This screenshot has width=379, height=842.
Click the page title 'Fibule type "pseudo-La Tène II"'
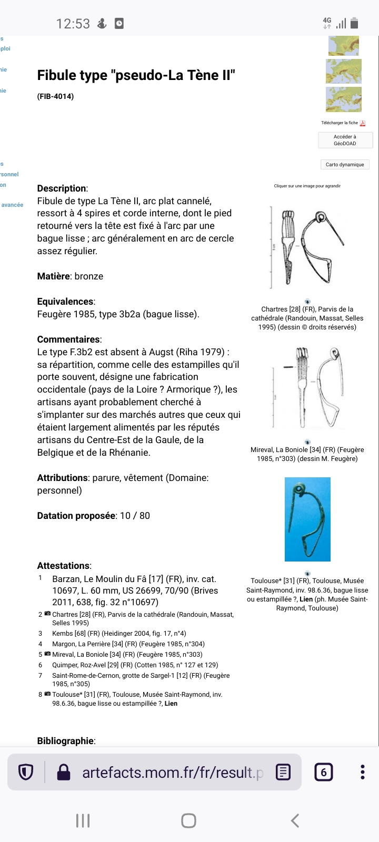136,76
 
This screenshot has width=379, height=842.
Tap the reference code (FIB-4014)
55,96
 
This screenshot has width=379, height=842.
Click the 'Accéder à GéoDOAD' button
345,140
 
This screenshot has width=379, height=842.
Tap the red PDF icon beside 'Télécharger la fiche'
363,123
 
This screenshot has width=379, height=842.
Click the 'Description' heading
62,188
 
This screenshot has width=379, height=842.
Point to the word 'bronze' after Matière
89,276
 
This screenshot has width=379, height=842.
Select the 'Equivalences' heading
65,302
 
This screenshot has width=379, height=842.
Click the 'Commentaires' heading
68,339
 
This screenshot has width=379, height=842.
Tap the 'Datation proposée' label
76,516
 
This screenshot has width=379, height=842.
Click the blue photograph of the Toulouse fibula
307,519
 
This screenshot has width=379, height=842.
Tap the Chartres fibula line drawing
307,246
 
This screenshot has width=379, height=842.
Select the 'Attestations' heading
63,566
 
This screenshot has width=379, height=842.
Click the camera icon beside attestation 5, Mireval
47,654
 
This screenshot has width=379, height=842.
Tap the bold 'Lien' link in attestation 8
171,704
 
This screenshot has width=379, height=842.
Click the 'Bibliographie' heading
65,741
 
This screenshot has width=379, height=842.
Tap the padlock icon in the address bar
64,772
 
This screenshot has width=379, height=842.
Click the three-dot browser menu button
362,772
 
